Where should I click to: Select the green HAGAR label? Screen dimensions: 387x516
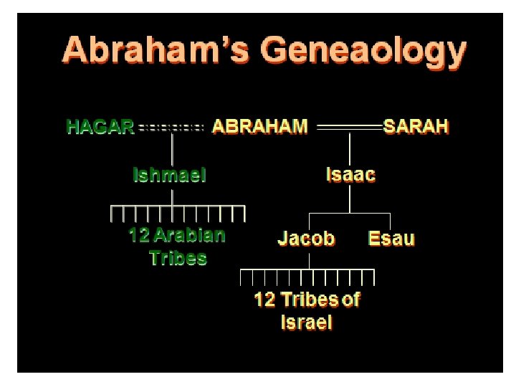(x=100, y=128)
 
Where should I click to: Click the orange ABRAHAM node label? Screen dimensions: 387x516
(x=260, y=128)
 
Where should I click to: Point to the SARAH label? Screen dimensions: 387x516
(x=416, y=128)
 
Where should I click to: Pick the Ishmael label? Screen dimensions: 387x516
(x=170, y=175)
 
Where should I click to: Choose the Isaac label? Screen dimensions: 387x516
(x=350, y=175)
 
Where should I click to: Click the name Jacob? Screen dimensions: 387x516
(x=306, y=238)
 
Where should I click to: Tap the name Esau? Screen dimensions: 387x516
(x=391, y=238)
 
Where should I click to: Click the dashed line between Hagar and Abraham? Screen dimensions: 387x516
(x=172, y=128)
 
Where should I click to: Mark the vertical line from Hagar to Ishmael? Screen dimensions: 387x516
(x=172, y=150)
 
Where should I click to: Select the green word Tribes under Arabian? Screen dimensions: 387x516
(x=178, y=258)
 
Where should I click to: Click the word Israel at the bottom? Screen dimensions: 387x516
(x=307, y=322)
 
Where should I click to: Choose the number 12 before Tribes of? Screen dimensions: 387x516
(x=264, y=300)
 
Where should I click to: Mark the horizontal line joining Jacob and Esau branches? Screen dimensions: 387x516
(x=349, y=214)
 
